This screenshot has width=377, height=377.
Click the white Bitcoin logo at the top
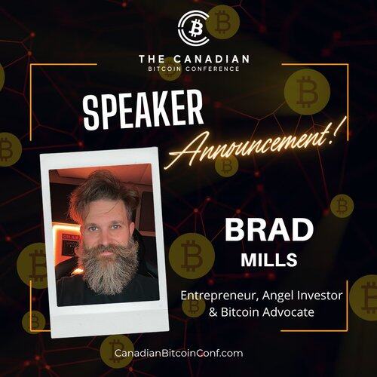click(x=193, y=28)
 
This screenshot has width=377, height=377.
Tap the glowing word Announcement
click(x=247, y=146)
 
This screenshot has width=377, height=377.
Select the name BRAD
click(x=269, y=230)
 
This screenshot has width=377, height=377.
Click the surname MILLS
click(x=269, y=259)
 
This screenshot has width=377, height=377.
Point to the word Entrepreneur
click(x=219, y=296)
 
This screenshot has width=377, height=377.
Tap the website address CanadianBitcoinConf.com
click(x=179, y=353)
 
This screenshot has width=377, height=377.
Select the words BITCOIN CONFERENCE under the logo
click(x=194, y=69)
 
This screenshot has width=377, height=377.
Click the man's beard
click(x=109, y=266)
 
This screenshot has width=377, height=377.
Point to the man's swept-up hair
click(x=104, y=188)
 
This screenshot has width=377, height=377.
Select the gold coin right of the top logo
click(x=222, y=22)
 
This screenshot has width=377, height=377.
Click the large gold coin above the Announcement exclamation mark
click(x=307, y=92)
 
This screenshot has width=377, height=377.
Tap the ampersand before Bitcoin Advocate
click(x=213, y=312)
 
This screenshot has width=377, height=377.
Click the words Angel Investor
click(x=302, y=296)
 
